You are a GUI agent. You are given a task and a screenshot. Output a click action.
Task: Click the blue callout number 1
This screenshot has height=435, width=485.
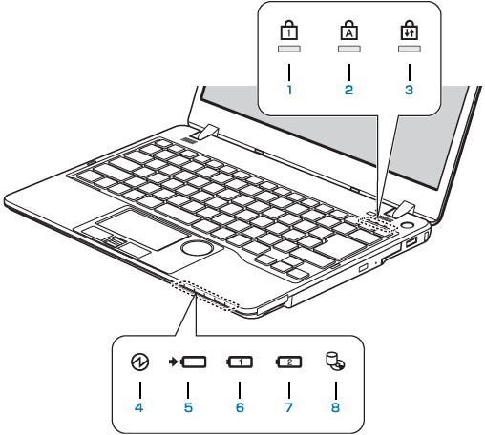click(x=289, y=90)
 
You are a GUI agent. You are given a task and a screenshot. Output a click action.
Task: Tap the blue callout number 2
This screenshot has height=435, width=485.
click(x=348, y=90)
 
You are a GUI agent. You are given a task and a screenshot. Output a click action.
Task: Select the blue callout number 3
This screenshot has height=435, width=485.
click(x=409, y=90)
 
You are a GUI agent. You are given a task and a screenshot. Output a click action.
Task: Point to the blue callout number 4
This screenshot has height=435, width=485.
click(x=139, y=407)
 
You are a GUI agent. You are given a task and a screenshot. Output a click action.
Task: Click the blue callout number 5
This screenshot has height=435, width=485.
click(x=188, y=407)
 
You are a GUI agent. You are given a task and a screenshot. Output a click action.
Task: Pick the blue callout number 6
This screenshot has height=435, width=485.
click(x=240, y=407)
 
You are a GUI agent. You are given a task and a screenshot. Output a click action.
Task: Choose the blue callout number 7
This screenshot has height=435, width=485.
click(x=288, y=407)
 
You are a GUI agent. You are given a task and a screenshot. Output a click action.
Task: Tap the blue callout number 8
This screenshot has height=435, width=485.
click(x=336, y=407)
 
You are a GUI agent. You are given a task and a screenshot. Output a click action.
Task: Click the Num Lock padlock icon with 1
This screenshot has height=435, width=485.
click(x=289, y=30)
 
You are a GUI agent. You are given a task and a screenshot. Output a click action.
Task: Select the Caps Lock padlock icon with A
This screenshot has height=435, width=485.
click(x=349, y=30)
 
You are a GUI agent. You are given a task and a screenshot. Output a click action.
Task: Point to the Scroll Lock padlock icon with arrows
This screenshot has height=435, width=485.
click(x=410, y=30)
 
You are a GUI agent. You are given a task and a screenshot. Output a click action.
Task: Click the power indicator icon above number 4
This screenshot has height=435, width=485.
click(x=140, y=362)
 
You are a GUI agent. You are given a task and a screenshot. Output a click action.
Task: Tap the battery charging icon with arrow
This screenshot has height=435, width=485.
click(x=187, y=362)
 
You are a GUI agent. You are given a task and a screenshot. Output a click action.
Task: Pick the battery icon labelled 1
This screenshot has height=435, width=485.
click(x=240, y=362)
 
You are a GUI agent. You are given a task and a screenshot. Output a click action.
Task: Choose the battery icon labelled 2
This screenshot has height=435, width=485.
click(x=288, y=362)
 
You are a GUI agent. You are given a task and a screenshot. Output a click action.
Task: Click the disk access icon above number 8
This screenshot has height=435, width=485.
click(x=336, y=362)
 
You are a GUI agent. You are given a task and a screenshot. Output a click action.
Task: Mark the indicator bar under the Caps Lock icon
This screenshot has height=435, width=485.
click(x=349, y=49)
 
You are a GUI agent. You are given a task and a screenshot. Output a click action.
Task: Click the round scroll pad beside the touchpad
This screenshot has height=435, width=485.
click(x=198, y=247)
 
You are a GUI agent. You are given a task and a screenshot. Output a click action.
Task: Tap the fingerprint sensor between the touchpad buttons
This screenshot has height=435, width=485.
click(x=115, y=242)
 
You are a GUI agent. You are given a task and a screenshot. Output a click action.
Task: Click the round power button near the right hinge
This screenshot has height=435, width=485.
click(x=407, y=225)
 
